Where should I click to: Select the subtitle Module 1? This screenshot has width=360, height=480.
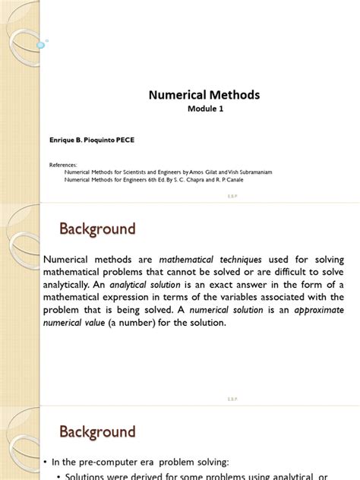pos(206,109)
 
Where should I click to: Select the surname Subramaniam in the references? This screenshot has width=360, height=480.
pos(249,172)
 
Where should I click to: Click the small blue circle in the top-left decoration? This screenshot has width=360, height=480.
pos(40,45)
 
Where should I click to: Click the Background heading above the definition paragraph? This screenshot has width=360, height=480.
pos(97,229)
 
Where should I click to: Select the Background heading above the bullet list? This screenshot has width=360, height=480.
pos(97,431)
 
